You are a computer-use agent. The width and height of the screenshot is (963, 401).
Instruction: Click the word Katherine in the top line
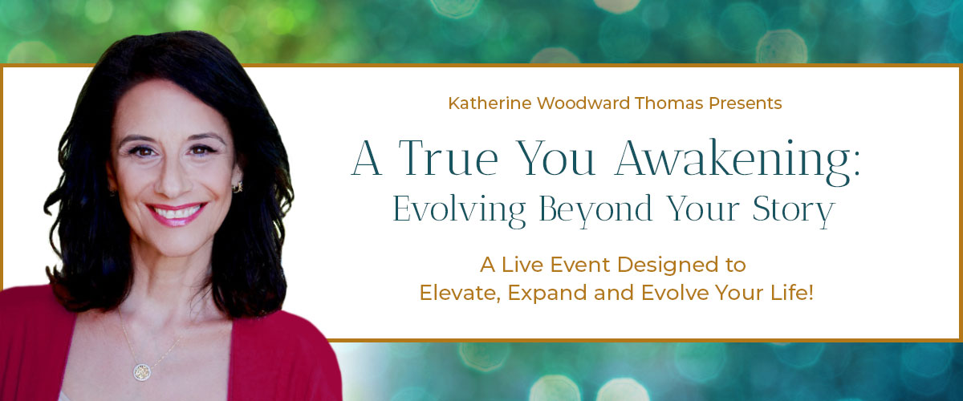pos(490,103)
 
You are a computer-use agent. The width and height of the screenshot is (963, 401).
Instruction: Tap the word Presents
pos(745,103)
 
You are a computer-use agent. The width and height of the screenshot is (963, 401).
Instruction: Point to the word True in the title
pos(448,158)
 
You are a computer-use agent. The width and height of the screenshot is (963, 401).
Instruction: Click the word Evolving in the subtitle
pos(459,211)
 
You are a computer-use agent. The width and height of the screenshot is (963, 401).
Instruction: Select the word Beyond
pos(595,211)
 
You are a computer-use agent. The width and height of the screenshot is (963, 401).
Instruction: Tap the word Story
pos(794,211)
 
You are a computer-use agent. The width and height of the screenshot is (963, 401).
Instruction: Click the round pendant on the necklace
pos(142,372)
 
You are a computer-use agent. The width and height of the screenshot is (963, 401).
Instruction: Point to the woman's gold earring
pos(238,187)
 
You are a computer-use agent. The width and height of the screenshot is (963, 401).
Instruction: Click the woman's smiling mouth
pos(176,213)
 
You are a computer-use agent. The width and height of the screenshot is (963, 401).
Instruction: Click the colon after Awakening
pos(856,164)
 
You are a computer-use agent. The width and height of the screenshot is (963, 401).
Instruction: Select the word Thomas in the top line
pos(669,103)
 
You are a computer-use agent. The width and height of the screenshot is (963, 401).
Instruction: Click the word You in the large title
pos(555,158)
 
